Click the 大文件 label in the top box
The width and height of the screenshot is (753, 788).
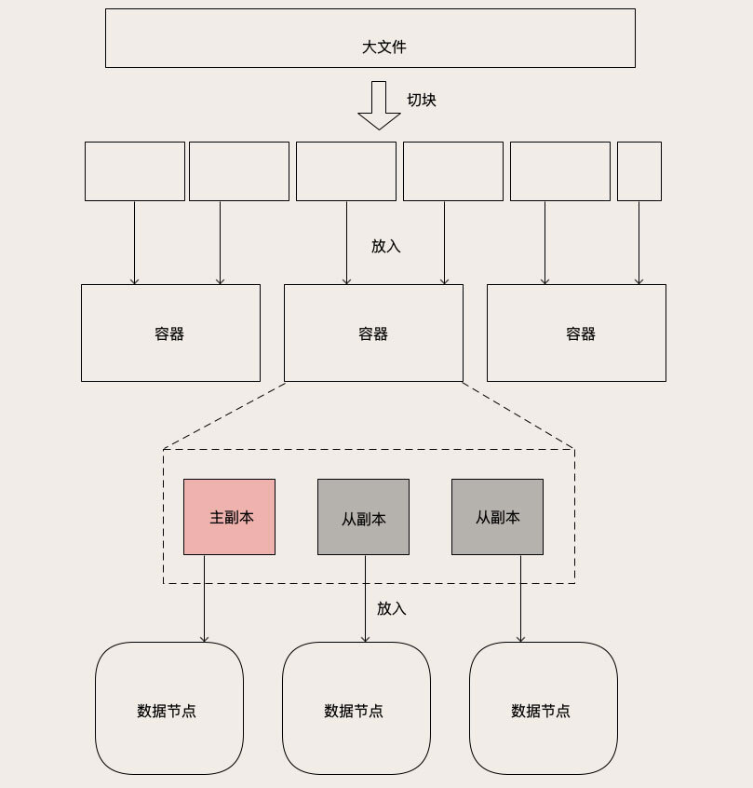tap(383, 47)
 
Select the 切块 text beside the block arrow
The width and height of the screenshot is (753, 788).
tap(422, 100)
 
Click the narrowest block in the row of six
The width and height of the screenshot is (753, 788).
tap(639, 171)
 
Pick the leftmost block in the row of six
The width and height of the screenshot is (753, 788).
tap(135, 171)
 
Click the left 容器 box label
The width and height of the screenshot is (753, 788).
tap(169, 333)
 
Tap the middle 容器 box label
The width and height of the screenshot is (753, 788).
tap(373, 333)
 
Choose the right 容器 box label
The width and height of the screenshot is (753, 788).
tap(581, 333)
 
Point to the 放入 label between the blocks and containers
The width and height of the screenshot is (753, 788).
tap(386, 246)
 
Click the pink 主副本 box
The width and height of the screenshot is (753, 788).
tap(230, 517)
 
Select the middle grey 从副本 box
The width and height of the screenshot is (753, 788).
tap(363, 518)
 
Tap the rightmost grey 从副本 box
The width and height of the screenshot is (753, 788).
tap(497, 517)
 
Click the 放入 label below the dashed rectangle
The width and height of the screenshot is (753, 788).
tap(392, 608)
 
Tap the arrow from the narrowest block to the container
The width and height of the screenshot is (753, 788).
tap(639, 242)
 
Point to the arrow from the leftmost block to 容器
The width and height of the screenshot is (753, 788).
tap(134, 242)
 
